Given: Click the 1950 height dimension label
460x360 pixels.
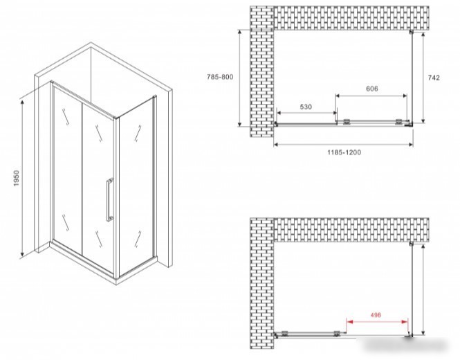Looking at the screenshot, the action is (x=17, y=178).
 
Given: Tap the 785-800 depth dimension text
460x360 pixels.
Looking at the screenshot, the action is (x=220, y=77).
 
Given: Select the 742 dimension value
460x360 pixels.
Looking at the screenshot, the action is (x=434, y=78).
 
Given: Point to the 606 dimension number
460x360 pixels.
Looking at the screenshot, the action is (x=372, y=89).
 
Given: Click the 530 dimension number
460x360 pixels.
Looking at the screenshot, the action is (x=306, y=107).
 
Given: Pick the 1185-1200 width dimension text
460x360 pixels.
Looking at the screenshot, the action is (x=344, y=152).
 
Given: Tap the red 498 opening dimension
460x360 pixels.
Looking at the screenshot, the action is (x=376, y=315).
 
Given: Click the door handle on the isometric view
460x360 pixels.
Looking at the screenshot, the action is (x=110, y=199).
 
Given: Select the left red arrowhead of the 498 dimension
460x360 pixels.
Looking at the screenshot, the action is (x=349, y=322).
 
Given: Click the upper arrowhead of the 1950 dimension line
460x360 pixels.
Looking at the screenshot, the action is (x=21, y=102).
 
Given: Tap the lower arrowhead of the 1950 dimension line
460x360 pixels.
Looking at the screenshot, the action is (x=21, y=253).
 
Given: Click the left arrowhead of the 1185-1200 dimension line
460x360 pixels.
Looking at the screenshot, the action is (x=277, y=144).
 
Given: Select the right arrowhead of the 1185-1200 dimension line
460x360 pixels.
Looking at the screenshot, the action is (x=410, y=144).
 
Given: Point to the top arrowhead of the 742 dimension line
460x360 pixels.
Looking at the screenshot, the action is (x=423, y=35).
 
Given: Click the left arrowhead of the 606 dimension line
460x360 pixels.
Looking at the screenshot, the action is (x=338, y=96).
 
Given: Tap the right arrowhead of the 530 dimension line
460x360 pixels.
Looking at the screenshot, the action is (x=334, y=113).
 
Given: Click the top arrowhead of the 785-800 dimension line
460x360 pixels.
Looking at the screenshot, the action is (x=240, y=33).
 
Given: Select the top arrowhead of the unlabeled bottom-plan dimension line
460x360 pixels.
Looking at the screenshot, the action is (x=423, y=247).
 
